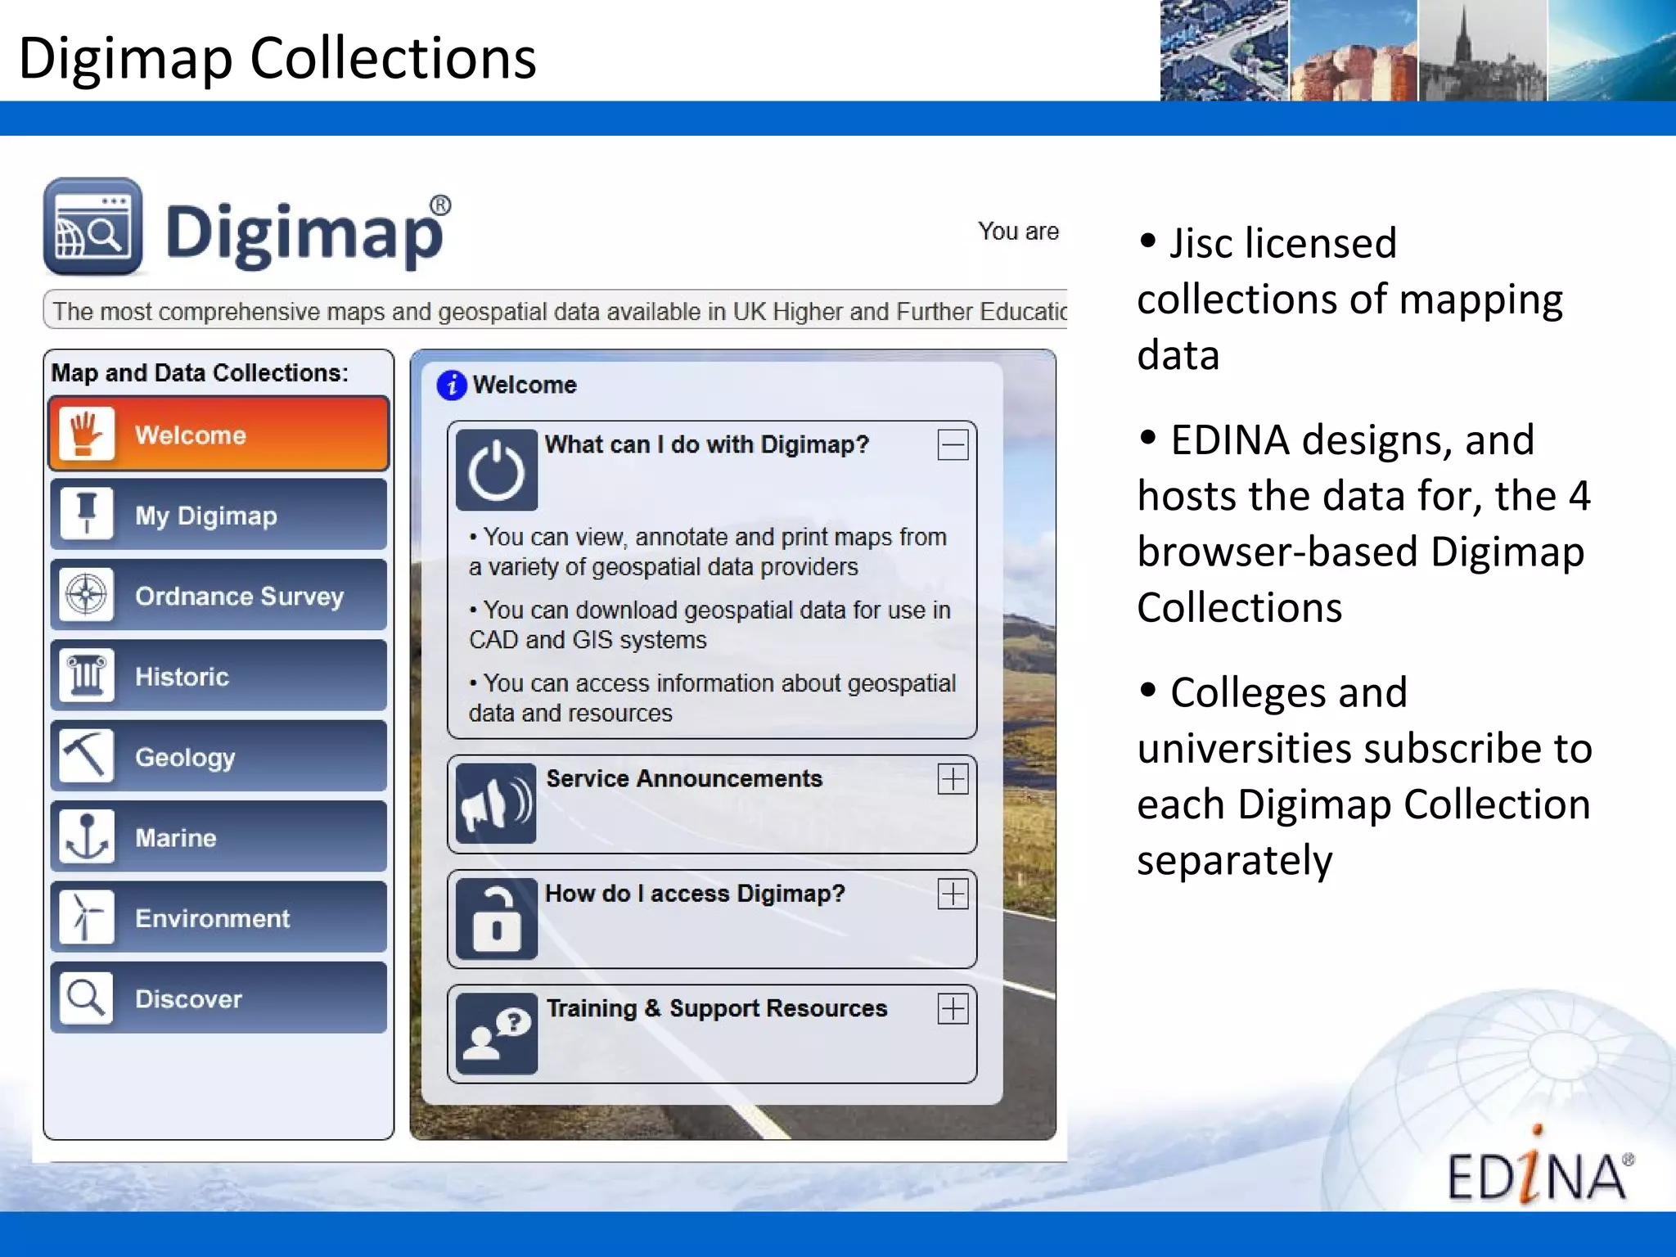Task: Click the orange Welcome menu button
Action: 219,434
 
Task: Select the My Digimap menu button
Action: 219,515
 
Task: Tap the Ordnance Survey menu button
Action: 219,595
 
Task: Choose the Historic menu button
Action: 219,676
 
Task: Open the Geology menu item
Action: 219,756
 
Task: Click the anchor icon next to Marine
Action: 87,836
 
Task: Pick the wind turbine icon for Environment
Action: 87,917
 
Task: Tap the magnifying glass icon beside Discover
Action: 87,998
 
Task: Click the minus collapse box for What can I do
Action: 953,445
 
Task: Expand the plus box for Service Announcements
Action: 953,779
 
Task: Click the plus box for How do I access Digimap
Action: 953,894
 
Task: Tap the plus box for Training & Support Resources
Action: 953,1008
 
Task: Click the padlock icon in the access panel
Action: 496,918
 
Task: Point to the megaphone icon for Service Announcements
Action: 496,804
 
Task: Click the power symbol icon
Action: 496,470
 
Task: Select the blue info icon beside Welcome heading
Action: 452,385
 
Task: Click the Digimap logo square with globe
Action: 93,228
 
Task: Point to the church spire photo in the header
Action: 1481,51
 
